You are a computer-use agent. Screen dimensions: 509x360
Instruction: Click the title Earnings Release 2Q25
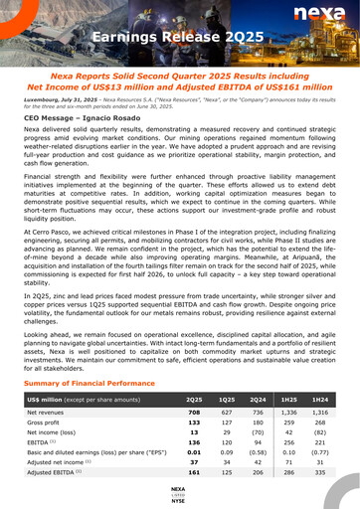point(180,39)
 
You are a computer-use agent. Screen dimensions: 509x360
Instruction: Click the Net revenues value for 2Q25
point(194,412)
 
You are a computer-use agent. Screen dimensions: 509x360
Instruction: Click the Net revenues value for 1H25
point(289,412)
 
